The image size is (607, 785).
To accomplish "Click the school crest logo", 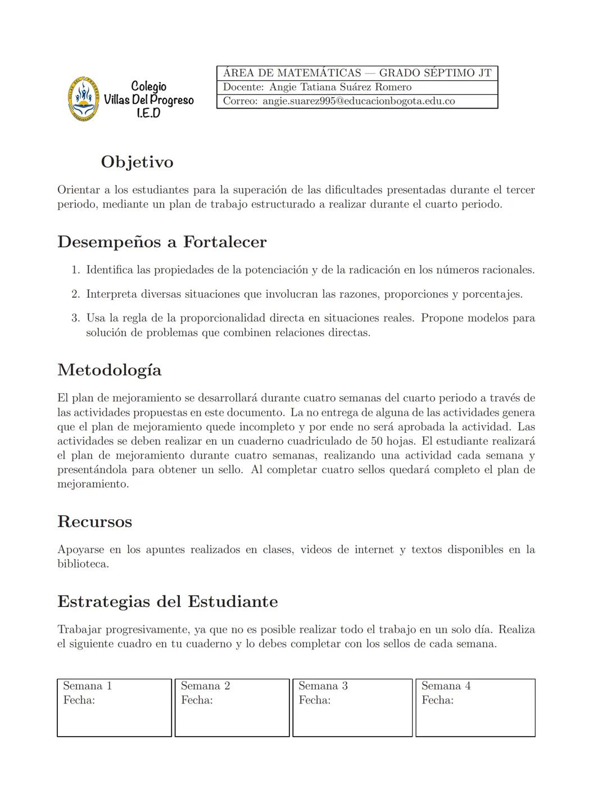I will (83, 99).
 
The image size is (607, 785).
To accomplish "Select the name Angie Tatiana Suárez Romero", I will (340, 87).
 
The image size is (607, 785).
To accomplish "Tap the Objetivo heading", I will (137, 162).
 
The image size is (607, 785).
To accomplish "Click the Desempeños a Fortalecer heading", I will (162, 242).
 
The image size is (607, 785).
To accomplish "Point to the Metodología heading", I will (110, 370).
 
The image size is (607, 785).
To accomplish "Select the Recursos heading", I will (94, 521).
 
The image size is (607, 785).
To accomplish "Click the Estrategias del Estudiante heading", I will (167, 602).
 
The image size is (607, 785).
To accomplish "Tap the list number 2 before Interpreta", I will (75, 294).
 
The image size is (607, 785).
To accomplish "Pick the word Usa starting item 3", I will (96, 318).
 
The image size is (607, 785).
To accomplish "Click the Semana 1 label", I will (87, 686).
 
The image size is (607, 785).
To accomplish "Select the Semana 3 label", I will (323, 686).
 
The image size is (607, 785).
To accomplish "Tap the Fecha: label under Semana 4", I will (437, 700).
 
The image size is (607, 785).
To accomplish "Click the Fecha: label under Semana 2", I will (197, 700).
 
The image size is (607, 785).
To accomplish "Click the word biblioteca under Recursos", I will (82, 564).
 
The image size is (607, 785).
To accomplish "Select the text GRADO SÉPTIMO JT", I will (435, 73).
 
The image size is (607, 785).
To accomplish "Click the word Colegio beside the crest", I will (148, 87).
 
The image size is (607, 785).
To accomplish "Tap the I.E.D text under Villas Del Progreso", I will (148, 113).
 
